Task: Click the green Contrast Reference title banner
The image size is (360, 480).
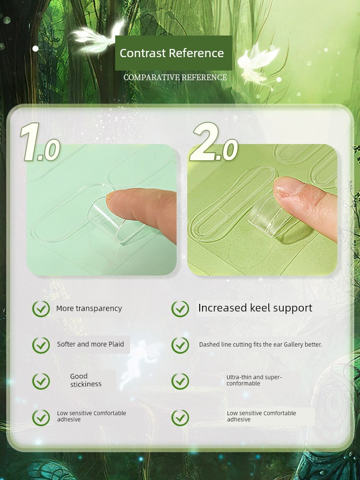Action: pos(174,53)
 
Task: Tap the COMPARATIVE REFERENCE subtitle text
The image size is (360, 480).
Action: pos(175,77)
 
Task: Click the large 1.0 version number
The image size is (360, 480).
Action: pos(40,142)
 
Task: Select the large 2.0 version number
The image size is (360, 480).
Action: pos(214,142)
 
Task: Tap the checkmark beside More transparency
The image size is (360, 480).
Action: pos(41,309)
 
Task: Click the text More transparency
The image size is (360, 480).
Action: pos(89,308)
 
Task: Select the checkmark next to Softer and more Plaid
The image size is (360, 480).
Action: pos(41,345)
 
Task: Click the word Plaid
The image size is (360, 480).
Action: pos(116,344)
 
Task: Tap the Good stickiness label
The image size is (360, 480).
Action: pos(86,380)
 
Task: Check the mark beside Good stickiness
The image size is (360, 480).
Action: pos(41,381)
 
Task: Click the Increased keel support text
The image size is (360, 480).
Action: pos(255,308)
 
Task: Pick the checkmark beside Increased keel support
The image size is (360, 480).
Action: pos(180,309)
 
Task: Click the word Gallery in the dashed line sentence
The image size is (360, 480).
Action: pos(293,345)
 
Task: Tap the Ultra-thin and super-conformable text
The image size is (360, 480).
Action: pos(254,380)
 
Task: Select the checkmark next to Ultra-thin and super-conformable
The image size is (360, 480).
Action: pos(180,381)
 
